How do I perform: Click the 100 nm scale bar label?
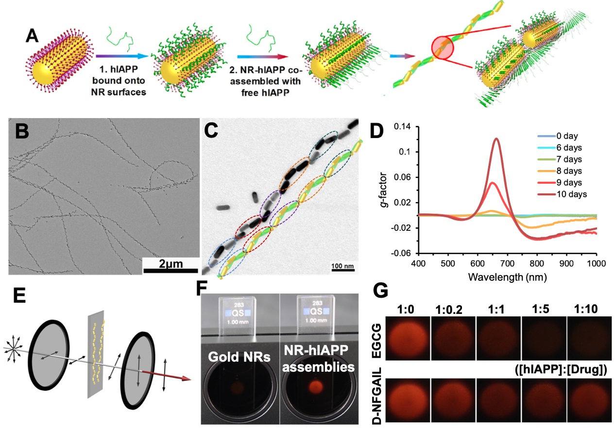point(342,266)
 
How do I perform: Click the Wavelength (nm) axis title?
point(506,278)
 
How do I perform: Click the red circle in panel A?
point(443,50)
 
